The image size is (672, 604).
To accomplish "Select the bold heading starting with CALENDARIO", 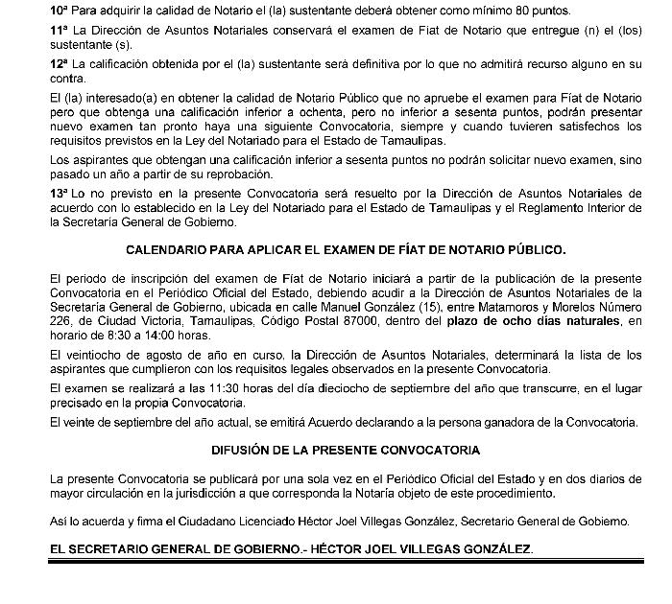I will [346, 248].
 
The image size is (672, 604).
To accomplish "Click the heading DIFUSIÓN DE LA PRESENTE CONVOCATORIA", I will [346, 450].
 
